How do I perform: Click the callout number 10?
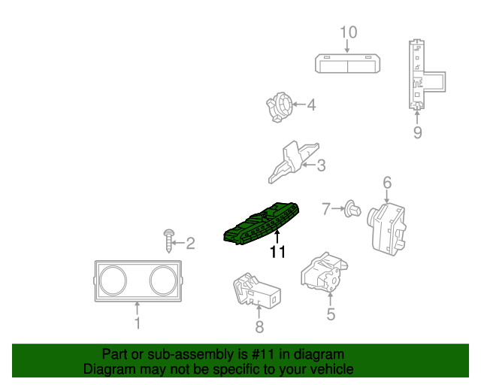click(348, 32)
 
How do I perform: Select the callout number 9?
click(417, 133)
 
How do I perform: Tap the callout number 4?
click(310, 105)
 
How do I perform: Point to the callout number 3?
click(321, 165)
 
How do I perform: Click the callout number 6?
click(387, 182)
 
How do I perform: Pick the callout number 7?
click(326, 208)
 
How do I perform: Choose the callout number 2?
click(190, 243)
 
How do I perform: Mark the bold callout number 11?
click(277, 253)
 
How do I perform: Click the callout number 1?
click(138, 323)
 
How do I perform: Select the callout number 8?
click(259, 326)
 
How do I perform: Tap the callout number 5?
click(331, 314)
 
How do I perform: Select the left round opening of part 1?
click(111, 280)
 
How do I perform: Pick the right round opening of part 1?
click(163, 280)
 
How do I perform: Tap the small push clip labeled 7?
click(349, 210)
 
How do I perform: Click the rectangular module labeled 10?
click(346, 64)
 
